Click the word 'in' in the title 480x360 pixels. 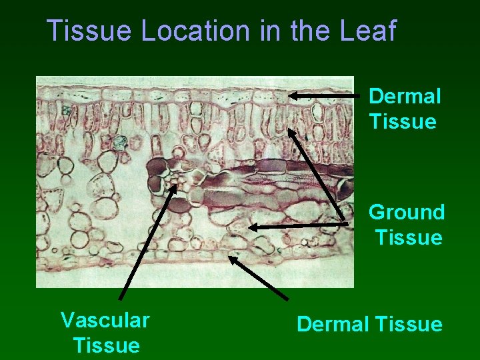tap(269, 31)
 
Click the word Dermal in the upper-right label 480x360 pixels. tap(405, 96)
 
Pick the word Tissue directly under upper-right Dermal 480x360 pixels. tap(402, 122)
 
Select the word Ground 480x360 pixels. tap(407, 212)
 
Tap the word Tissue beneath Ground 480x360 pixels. tap(409, 237)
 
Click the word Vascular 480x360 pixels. tap(105, 320)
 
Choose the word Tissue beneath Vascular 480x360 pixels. tap(107, 345)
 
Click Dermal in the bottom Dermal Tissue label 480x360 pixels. tap(331, 325)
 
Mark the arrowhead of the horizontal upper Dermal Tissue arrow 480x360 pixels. tap(294, 96)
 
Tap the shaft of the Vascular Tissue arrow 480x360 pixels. tap(147, 243)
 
